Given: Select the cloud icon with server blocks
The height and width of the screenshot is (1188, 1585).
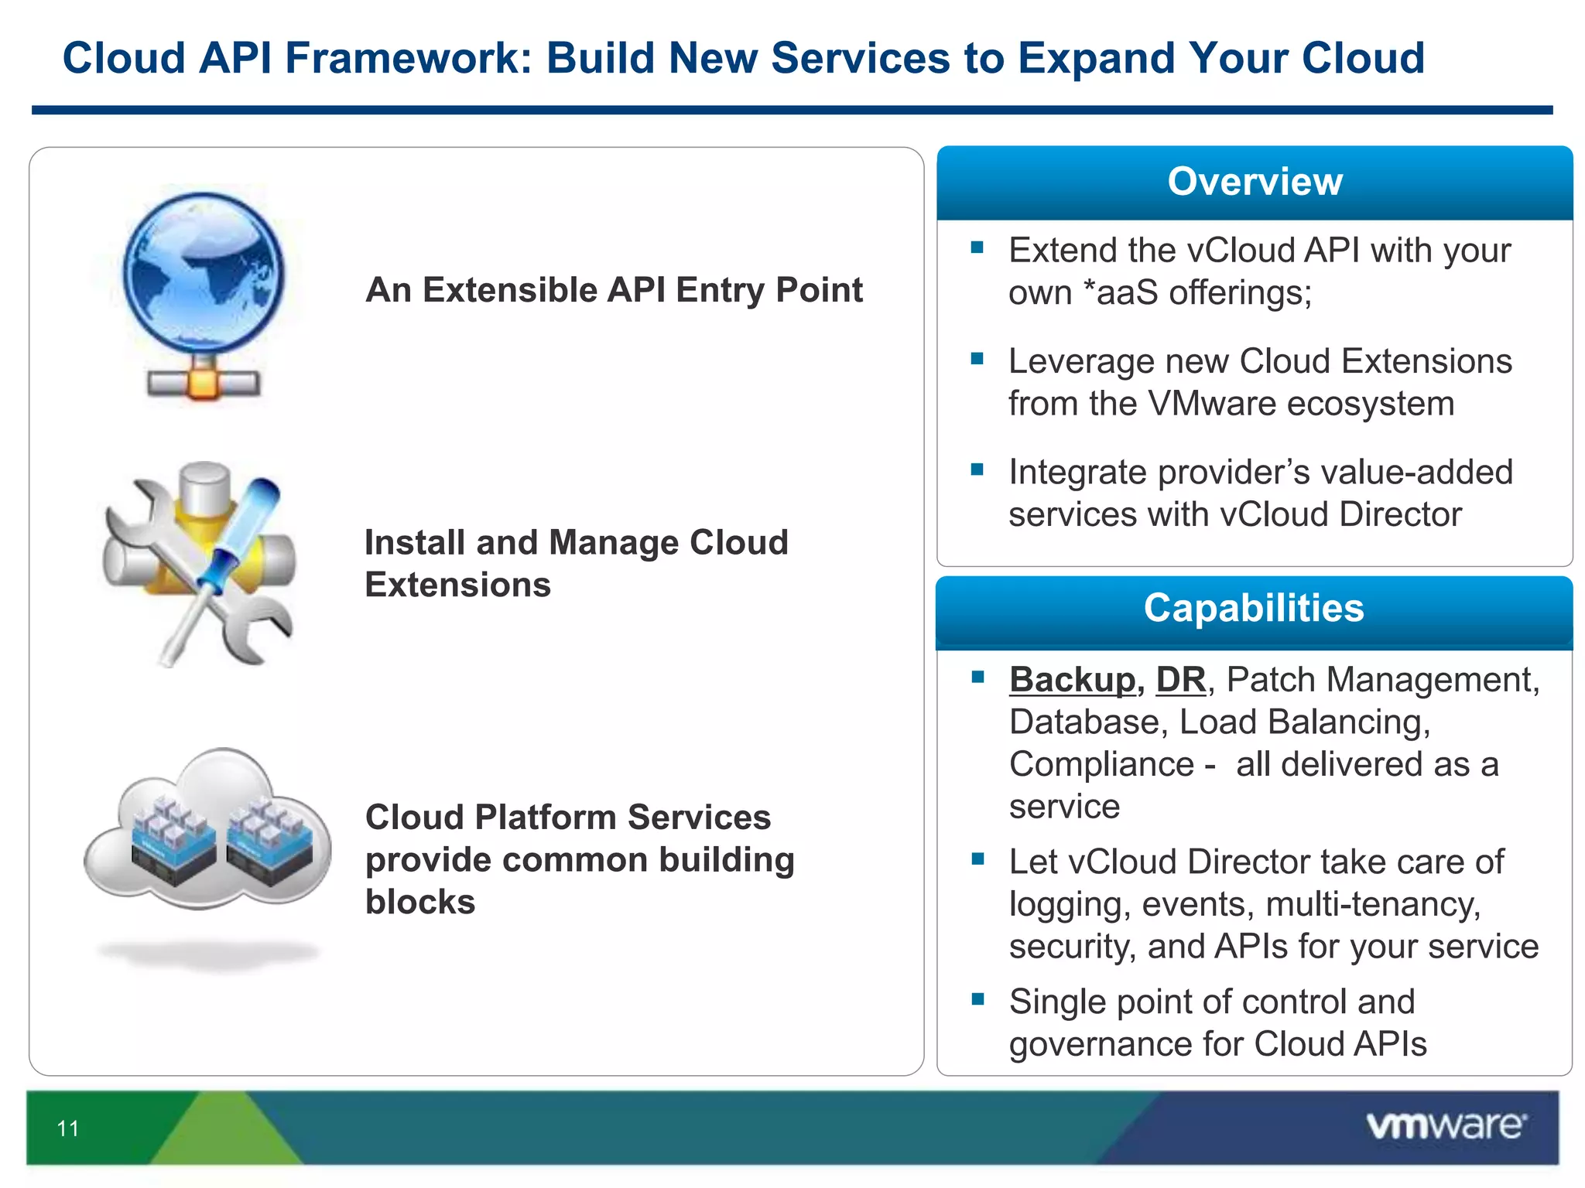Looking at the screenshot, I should [x=207, y=831].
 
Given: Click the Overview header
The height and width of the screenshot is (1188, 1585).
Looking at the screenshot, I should [x=1255, y=182].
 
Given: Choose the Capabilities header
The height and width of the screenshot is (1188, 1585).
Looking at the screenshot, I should [x=1254, y=608].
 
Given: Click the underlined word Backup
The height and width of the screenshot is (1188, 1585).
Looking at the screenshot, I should [x=1072, y=680].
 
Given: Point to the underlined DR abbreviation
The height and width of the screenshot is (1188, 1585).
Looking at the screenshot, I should [x=1180, y=680].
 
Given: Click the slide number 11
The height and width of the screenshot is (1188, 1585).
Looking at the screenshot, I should [x=68, y=1128].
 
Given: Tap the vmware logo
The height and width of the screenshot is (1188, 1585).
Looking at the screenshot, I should [x=1446, y=1125].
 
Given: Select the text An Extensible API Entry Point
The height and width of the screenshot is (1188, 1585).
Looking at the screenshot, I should [x=614, y=290].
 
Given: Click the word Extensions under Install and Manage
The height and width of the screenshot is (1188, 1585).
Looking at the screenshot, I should [x=457, y=585].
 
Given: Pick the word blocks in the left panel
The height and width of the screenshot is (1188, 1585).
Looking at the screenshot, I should [x=420, y=902].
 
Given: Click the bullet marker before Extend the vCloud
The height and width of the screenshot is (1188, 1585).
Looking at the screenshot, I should [x=977, y=247].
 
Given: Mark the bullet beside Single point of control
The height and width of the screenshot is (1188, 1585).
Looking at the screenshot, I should [x=977, y=999].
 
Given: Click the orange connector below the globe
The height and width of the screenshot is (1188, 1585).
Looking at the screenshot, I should [x=204, y=383].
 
